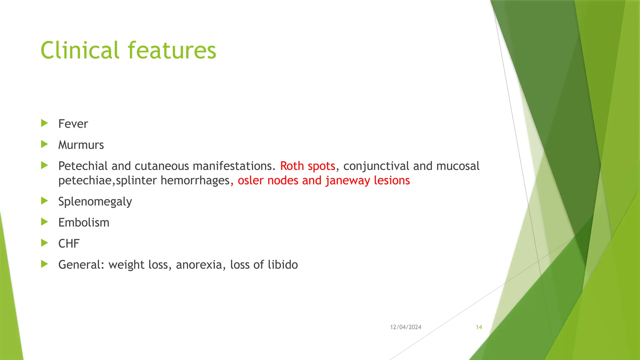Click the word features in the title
pyautogui.click(x=172, y=50)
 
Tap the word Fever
pyautogui.click(x=73, y=124)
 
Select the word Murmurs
pyautogui.click(x=81, y=145)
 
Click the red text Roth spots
pyautogui.click(x=307, y=166)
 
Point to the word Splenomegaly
pyautogui.click(x=95, y=202)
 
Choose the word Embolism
pyautogui.click(x=84, y=222)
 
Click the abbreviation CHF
pyautogui.click(x=69, y=244)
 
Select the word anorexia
pyautogui.click(x=199, y=265)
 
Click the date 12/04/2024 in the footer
pyautogui.click(x=406, y=327)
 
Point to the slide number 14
pyautogui.click(x=479, y=327)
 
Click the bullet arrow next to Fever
pyautogui.click(x=44, y=123)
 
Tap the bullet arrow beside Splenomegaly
pyautogui.click(x=44, y=201)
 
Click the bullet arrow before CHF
pyautogui.click(x=44, y=243)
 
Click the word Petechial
pyautogui.click(x=83, y=166)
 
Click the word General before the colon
pyautogui.click(x=80, y=265)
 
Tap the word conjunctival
pyautogui.click(x=376, y=166)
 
